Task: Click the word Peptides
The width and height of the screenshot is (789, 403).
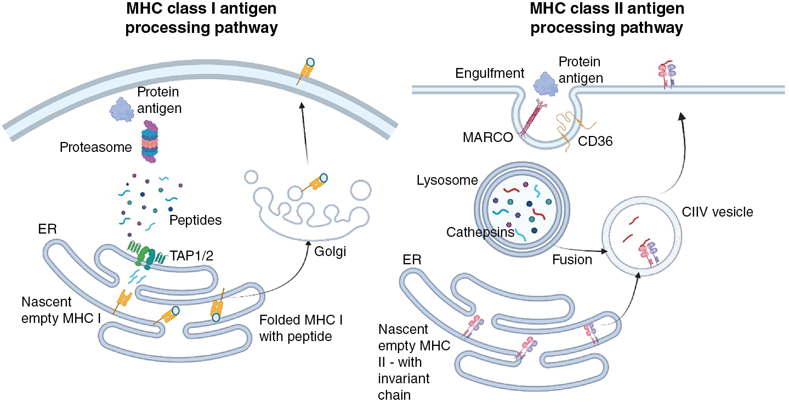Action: coord(196,220)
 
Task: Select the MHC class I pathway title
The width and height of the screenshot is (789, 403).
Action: coord(201,18)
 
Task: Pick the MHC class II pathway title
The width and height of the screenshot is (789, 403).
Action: coord(606,18)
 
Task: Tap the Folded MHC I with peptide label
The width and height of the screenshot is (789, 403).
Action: coord(296,327)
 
